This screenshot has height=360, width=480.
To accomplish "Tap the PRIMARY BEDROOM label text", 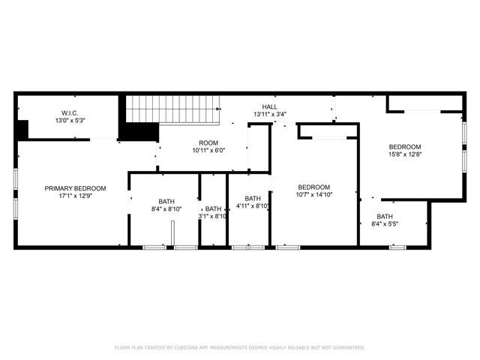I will (75, 188).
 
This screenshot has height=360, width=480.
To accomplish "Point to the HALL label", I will (269, 106).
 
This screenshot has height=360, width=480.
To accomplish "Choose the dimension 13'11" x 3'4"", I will (269, 115).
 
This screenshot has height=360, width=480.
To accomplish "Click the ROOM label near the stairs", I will (208, 142).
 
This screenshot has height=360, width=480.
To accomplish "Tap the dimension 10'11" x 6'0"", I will (208, 151).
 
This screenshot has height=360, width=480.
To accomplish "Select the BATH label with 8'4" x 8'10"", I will (166, 201).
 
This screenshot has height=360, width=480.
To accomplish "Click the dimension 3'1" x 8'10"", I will (214, 217).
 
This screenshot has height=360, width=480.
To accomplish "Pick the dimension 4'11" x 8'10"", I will (253, 206).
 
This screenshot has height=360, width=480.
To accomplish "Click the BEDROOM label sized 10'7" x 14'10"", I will (313, 187).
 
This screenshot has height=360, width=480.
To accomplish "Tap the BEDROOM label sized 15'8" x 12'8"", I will (404, 147).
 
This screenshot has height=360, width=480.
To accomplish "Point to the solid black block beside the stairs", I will (138, 130).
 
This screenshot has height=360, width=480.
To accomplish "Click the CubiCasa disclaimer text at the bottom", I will (240, 348).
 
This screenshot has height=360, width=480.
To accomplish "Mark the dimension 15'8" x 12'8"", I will (404, 155).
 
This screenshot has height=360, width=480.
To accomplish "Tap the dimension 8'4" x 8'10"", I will (166, 209).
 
